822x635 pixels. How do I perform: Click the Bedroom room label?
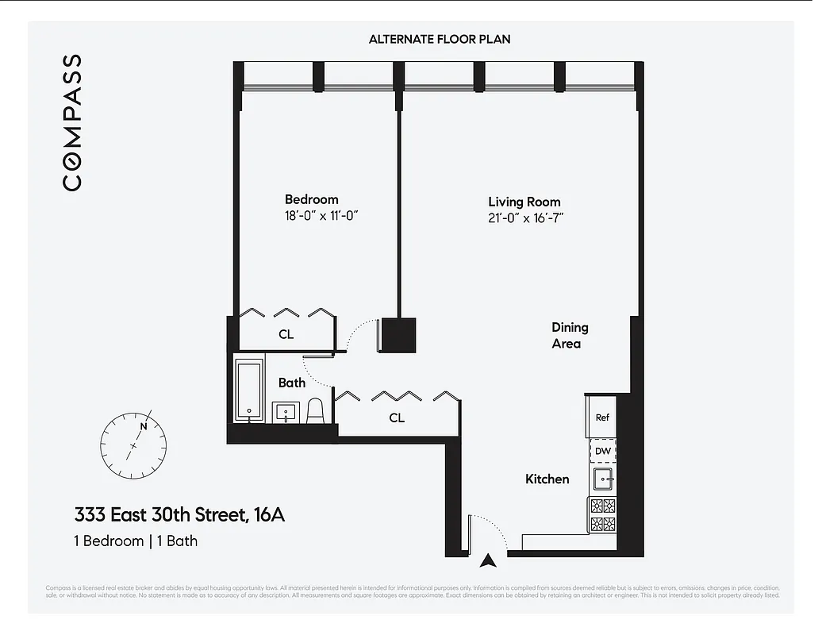(x=311, y=200)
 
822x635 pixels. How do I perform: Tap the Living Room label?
(x=524, y=202)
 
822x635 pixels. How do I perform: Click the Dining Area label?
(x=570, y=335)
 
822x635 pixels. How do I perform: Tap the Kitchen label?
(x=547, y=479)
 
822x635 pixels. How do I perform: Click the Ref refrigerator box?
(x=602, y=418)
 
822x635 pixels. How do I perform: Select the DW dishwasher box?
(x=603, y=451)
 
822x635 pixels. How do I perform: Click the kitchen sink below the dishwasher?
(x=603, y=479)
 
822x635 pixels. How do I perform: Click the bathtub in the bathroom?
(x=251, y=391)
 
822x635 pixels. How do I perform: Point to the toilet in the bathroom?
(x=315, y=410)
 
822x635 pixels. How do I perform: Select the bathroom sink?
(x=286, y=412)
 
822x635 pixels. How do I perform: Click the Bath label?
(x=291, y=383)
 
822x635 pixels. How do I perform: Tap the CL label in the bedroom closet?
(x=286, y=334)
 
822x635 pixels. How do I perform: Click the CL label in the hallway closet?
(x=397, y=418)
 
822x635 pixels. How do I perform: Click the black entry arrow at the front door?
(x=490, y=560)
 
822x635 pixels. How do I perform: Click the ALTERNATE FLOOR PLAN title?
(x=439, y=39)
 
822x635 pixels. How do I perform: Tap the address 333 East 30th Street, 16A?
(x=179, y=515)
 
